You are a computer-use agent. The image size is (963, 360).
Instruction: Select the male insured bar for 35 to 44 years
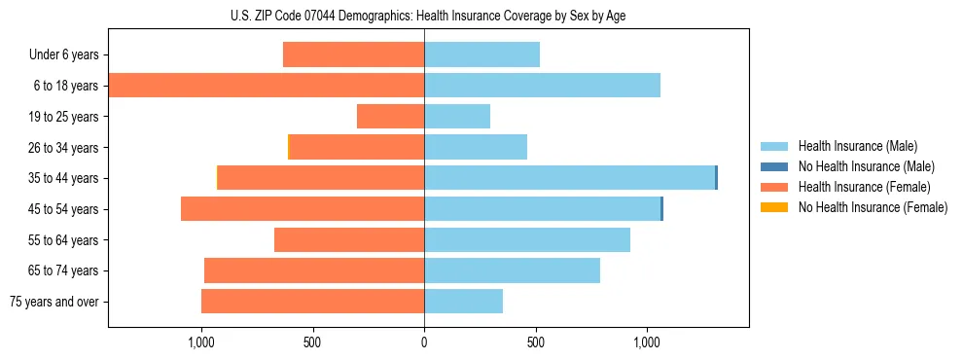point(569,178)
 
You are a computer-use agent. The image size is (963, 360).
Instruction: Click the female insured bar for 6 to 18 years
point(266,86)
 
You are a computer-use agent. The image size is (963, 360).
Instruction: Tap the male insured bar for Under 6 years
point(481,54)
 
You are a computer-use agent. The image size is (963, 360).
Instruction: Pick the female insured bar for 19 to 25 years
point(390,117)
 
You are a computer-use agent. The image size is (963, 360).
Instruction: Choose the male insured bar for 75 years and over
point(463,302)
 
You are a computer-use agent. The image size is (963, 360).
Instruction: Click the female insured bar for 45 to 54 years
point(303,209)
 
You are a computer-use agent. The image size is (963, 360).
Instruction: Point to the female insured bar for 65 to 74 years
point(314,270)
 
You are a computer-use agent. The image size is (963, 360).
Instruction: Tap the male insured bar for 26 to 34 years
point(475,147)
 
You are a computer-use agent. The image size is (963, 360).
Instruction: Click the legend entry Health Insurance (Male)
point(857,146)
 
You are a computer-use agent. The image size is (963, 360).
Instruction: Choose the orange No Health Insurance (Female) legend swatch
point(774,207)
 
